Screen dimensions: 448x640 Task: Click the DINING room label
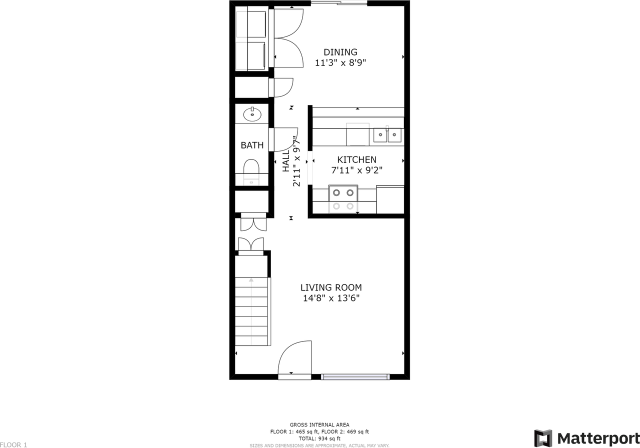(x=340, y=52)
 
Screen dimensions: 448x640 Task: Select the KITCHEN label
(x=356, y=159)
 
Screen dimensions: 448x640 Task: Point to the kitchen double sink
(x=388, y=134)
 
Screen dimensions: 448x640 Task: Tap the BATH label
(x=252, y=145)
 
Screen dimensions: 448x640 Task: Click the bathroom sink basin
(x=252, y=114)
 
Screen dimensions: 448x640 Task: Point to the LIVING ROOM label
(x=331, y=287)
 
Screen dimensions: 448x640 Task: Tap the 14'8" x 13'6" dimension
(x=331, y=298)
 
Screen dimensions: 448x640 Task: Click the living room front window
(x=355, y=376)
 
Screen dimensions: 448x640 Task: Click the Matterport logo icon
(x=543, y=438)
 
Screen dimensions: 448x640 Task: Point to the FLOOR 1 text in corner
(x=13, y=444)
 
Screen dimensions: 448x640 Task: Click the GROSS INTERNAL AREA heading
(x=319, y=425)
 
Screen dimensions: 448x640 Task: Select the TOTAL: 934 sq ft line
(x=319, y=438)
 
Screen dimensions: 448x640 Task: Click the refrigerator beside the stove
(x=390, y=199)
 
